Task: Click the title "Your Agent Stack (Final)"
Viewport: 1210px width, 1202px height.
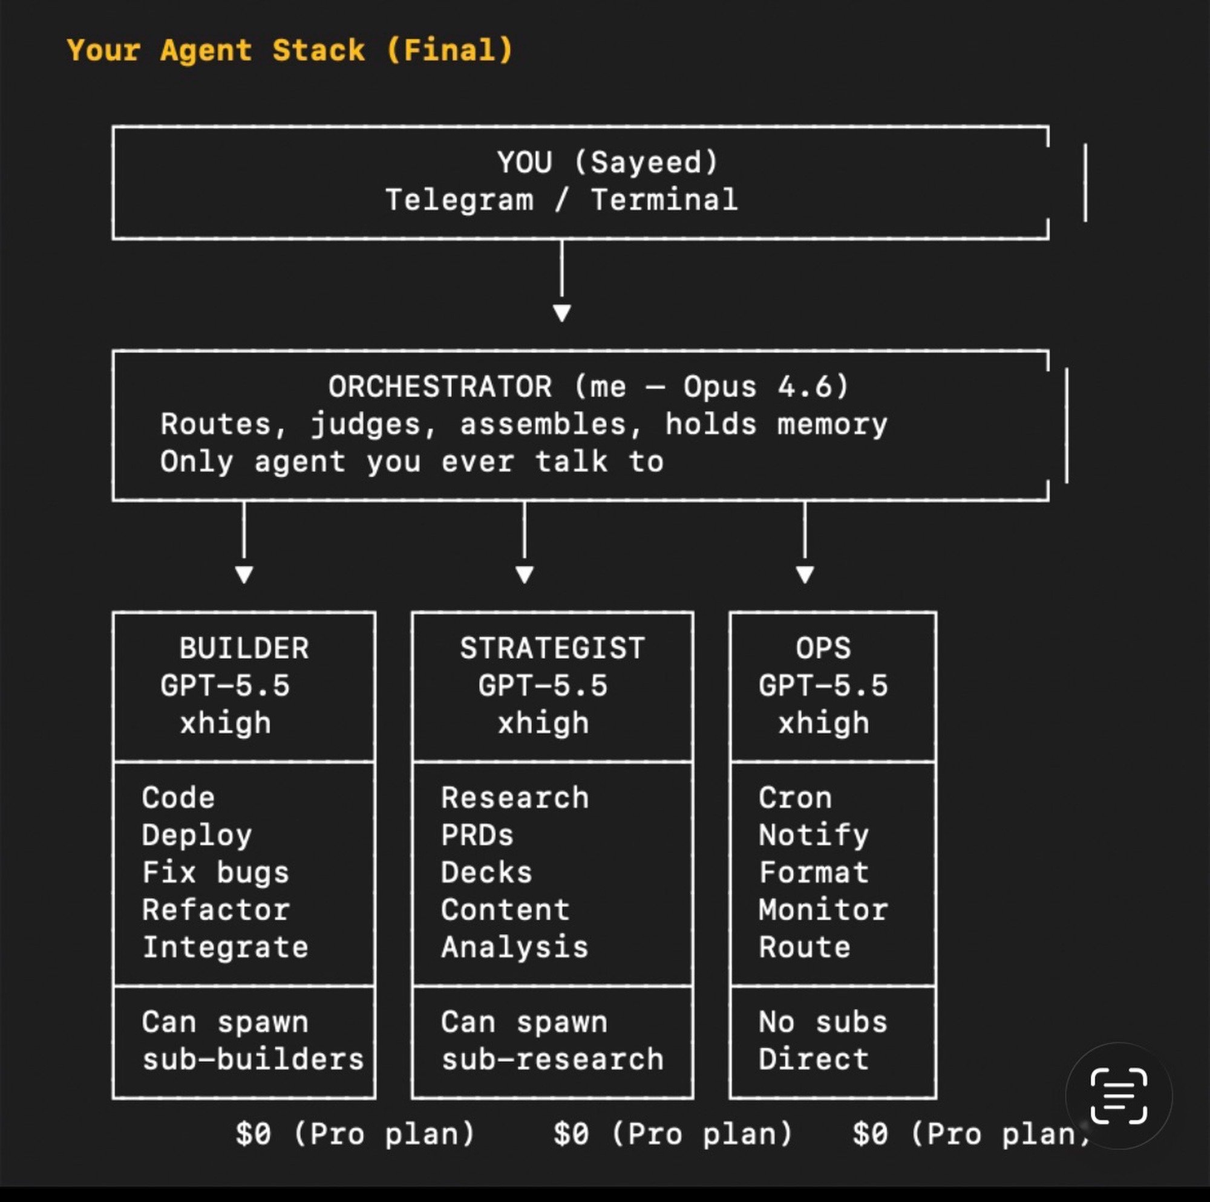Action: [289, 50]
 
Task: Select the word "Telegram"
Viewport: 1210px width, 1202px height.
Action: [459, 200]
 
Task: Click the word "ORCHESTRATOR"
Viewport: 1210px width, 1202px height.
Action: [440, 386]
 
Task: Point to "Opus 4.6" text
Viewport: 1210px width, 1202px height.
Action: [765, 386]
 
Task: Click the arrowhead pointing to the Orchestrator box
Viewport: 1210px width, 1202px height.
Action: [562, 313]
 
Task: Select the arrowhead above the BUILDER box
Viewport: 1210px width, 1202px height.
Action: [244, 574]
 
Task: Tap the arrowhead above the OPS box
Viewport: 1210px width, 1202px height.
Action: [804, 574]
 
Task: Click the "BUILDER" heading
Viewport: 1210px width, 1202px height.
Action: [244, 648]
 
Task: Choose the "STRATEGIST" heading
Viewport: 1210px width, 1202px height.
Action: [552, 648]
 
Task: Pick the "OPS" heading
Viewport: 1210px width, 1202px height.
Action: [823, 648]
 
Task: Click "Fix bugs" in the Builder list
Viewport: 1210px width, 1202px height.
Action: [215, 872]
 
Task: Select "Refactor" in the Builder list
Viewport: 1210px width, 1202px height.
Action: [215, 909]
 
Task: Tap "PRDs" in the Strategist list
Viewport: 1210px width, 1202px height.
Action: [477, 835]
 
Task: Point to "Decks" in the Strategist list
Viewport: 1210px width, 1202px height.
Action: [486, 872]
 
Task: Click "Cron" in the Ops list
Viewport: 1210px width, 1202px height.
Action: [795, 798]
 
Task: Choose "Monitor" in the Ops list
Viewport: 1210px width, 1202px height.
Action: [823, 909]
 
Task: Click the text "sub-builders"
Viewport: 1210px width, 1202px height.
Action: [253, 1059]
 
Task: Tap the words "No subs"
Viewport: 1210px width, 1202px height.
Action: [823, 1022]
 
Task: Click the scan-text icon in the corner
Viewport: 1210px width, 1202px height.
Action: [1119, 1096]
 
